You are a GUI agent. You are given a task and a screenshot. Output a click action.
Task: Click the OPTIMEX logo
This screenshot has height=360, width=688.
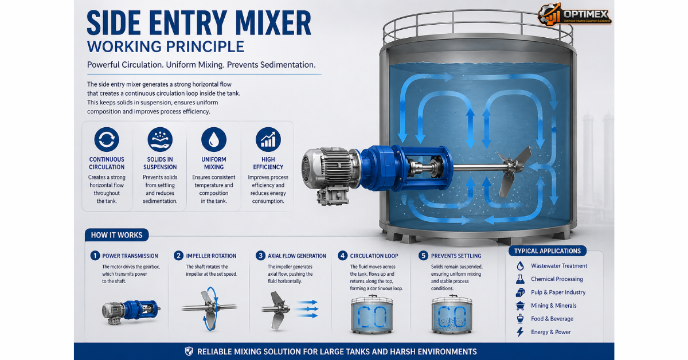(x=574, y=14)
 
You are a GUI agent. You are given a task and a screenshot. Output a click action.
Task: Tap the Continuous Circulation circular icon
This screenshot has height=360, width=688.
(x=107, y=139)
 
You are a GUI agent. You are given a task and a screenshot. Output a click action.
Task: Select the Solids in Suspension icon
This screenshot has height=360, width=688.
(x=160, y=139)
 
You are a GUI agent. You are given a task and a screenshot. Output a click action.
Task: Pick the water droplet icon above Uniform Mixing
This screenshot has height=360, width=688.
(x=214, y=139)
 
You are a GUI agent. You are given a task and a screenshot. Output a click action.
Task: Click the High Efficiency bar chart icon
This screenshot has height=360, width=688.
(x=268, y=139)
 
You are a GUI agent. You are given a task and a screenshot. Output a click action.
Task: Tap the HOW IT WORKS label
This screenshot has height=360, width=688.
(x=117, y=235)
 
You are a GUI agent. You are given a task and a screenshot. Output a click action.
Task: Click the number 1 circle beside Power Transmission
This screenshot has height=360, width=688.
(x=95, y=256)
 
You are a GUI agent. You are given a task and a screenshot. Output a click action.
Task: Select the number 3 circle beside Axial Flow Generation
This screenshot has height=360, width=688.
(x=260, y=256)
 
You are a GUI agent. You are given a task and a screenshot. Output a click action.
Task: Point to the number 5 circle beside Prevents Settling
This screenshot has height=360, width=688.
(x=423, y=256)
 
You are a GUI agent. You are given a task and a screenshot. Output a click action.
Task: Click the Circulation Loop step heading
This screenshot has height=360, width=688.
(x=374, y=256)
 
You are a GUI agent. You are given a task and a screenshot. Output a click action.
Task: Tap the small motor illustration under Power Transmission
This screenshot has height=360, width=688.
(x=131, y=311)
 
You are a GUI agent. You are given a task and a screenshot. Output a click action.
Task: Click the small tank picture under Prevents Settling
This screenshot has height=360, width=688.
(x=452, y=314)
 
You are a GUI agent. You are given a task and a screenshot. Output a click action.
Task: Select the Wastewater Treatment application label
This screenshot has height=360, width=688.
(x=559, y=265)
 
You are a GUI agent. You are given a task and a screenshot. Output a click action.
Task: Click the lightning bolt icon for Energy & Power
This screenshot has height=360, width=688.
(x=520, y=332)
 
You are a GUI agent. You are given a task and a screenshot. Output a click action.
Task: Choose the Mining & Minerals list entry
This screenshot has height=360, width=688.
(x=554, y=306)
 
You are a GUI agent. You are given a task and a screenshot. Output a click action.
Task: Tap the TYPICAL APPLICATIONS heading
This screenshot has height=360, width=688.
(x=548, y=251)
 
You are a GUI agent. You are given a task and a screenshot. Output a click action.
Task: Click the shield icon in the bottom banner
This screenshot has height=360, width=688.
(x=189, y=351)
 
